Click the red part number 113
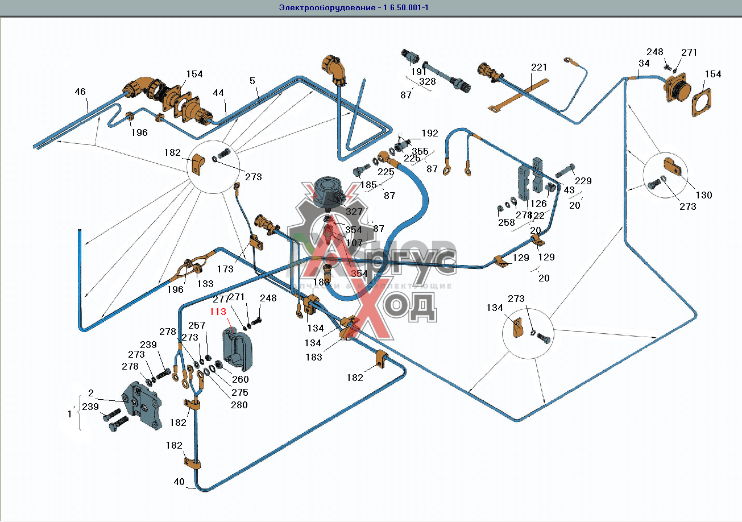[x=218, y=312]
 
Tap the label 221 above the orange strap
[x=539, y=68]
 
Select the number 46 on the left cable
[x=80, y=92]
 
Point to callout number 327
[x=354, y=211]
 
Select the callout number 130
[x=703, y=195]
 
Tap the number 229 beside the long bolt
[x=583, y=181]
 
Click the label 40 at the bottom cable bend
[x=179, y=482]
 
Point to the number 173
[x=225, y=269]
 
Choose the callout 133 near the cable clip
[x=205, y=283]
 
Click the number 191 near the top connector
[x=418, y=72]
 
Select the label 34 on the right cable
[x=644, y=63]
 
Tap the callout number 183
[x=314, y=357]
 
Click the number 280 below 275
[x=239, y=405]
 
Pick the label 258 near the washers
[x=506, y=223]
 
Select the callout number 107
[x=354, y=242]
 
